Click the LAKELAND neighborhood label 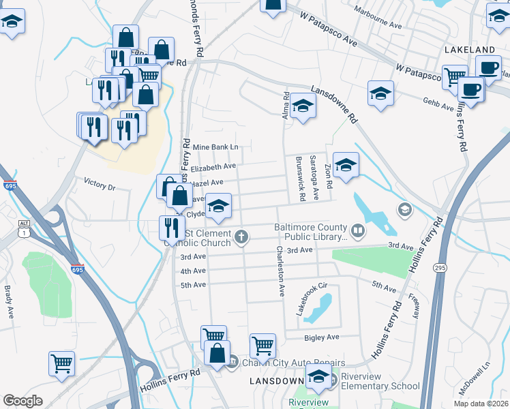tap(468, 50)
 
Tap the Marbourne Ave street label tap(378, 18)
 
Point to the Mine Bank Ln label tap(215, 147)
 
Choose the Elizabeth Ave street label tap(213, 166)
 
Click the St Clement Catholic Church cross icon tap(240, 237)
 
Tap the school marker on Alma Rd tap(302, 108)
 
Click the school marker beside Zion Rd tap(346, 165)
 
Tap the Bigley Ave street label tap(322, 337)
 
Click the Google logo tap(23, 400)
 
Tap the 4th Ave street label tap(192, 271)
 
